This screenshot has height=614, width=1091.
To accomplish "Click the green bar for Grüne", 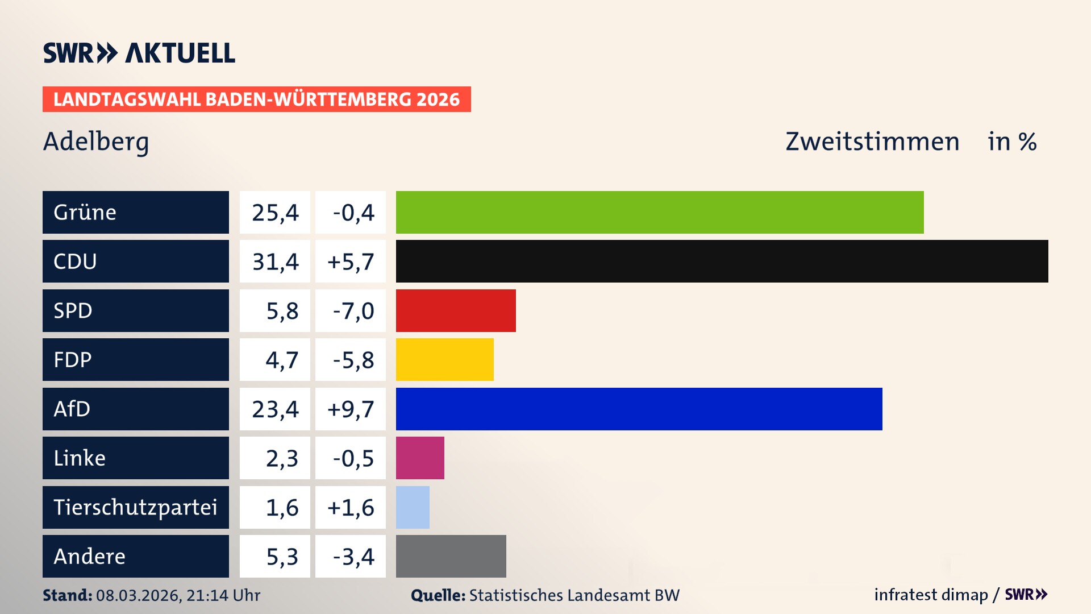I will (659, 212).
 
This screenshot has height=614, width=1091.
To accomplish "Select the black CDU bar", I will (722, 261).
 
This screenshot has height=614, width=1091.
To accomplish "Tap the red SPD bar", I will (456, 310).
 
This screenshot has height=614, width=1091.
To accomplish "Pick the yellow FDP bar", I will (444, 359).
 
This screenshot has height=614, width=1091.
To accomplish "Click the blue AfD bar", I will (639, 409).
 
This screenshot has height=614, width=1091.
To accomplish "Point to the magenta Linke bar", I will (420, 458).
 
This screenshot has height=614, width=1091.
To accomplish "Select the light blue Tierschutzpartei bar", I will (413, 507).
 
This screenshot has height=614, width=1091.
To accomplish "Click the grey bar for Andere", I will (451, 556).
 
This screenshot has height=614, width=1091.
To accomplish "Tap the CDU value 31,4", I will (275, 262).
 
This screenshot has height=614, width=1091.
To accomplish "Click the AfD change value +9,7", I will (351, 409).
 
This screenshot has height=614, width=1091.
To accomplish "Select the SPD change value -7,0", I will (353, 310).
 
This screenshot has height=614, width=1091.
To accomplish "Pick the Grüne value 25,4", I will (275, 212).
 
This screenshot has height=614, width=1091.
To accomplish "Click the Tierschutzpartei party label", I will (135, 507).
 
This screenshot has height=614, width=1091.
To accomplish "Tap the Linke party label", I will (80, 458).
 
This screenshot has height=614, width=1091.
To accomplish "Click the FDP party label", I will (73, 359).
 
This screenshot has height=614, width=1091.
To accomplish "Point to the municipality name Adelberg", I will (95, 142).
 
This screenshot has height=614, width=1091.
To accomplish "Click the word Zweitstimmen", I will (872, 142).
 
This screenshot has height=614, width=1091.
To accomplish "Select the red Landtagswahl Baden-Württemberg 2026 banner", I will (256, 99).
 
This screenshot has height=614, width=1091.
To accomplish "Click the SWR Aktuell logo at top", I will (139, 53).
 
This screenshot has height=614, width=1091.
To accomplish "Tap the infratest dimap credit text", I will (930, 595).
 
